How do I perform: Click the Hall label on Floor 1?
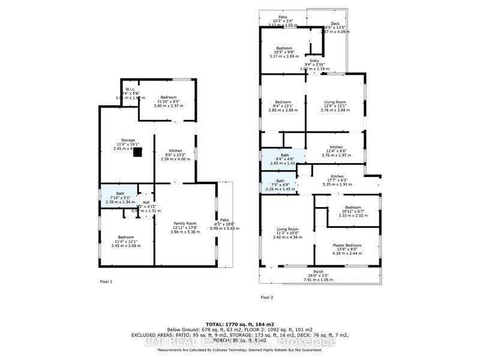click(146, 202)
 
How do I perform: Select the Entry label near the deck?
click(312, 60)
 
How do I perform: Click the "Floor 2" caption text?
click(267, 297)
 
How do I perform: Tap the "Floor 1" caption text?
click(106, 281)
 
